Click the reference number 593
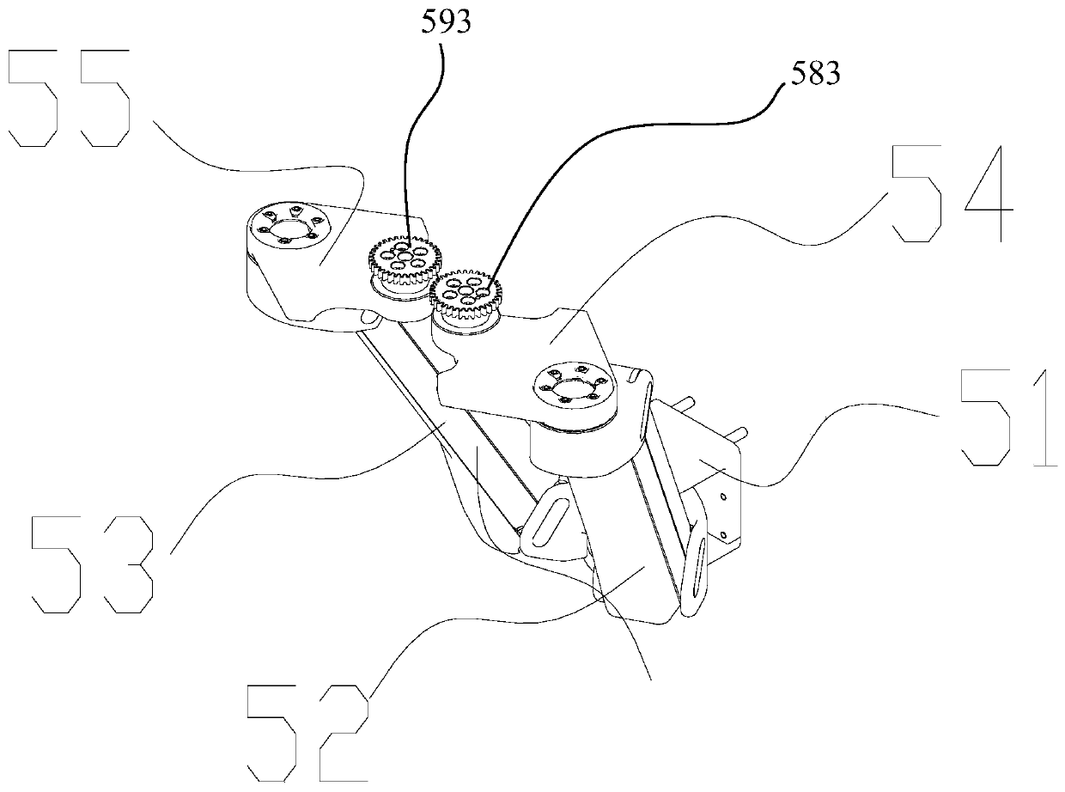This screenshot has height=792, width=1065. (446, 23)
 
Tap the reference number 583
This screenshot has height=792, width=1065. (810, 75)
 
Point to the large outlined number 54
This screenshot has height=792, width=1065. (952, 194)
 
